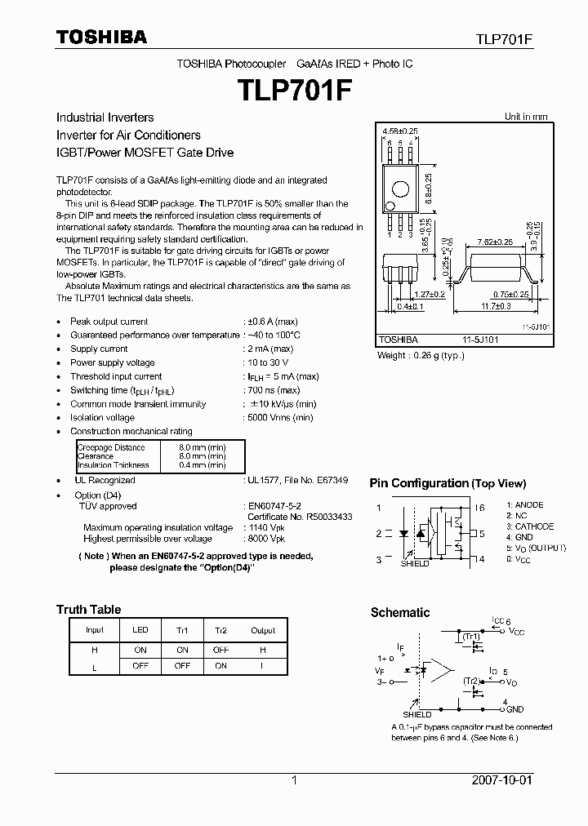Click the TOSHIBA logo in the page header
tap(101, 37)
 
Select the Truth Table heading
tap(88, 610)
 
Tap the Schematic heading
tap(400, 613)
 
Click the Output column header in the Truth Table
tap(263, 631)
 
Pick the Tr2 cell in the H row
tap(220, 650)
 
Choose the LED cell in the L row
tap(140, 667)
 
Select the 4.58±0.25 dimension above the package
tap(399, 131)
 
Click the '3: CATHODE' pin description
tap(530, 526)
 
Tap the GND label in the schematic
tap(514, 710)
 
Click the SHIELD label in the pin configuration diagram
tap(415, 564)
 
